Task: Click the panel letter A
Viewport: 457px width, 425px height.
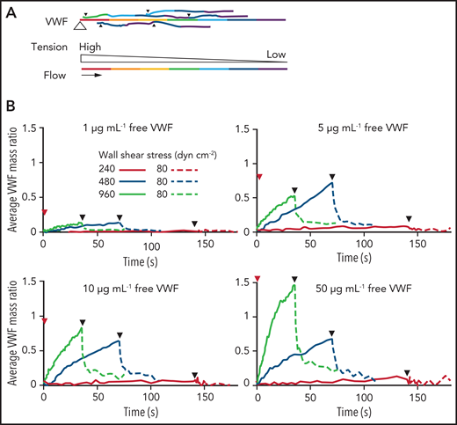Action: tap(9, 8)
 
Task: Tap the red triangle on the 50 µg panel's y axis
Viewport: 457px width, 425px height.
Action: tap(257, 279)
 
